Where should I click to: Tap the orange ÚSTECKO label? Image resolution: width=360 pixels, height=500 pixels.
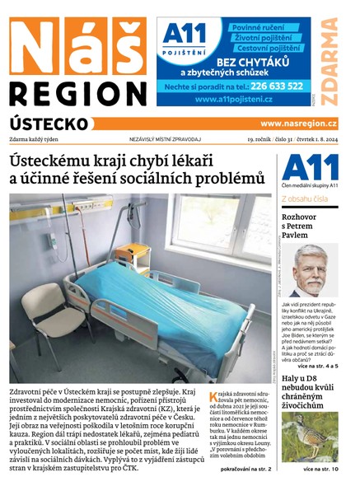click(x=49, y=123)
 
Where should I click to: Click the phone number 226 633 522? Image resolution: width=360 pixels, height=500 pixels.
click(x=274, y=85)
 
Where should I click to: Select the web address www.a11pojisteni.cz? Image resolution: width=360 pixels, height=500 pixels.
click(x=235, y=99)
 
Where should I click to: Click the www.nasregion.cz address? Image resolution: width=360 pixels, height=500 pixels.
click(x=299, y=124)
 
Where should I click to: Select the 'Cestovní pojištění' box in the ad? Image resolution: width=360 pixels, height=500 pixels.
click(x=261, y=48)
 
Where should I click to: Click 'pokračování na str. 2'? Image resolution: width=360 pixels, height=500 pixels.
click(x=245, y=469)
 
